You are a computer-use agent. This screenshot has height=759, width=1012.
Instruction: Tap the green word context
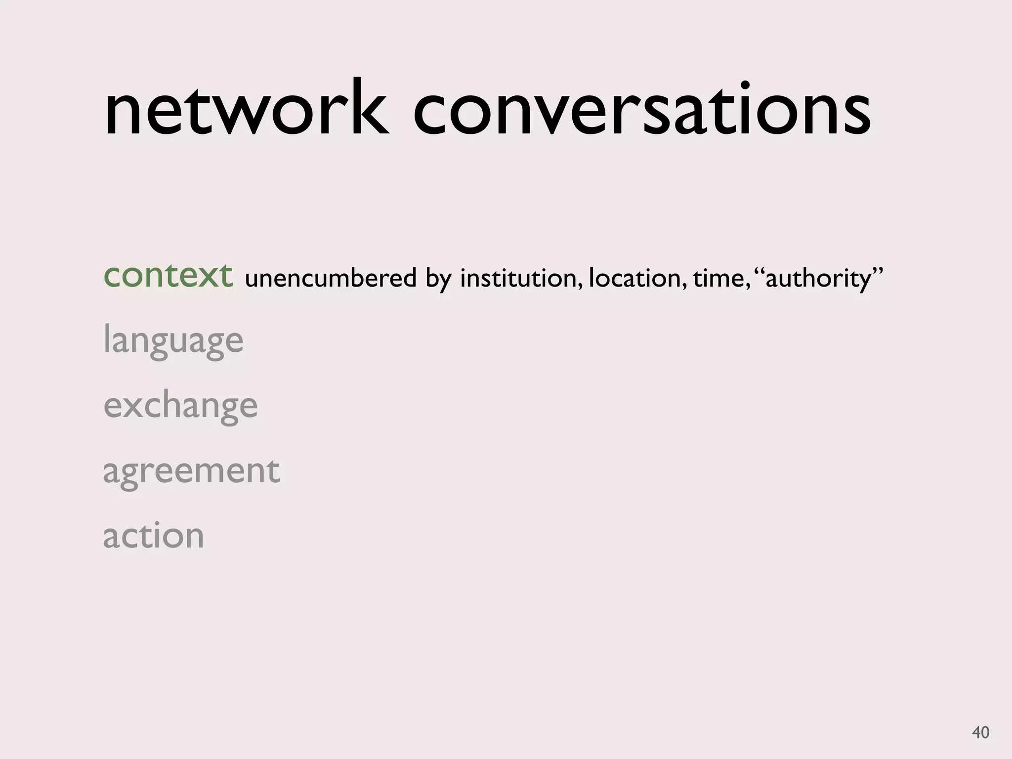point(168,275)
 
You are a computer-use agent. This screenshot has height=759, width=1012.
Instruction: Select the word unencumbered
point(331,278)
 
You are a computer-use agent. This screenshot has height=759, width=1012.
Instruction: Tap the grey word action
point(153,536)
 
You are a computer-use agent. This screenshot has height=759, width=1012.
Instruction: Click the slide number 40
point(980,732)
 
